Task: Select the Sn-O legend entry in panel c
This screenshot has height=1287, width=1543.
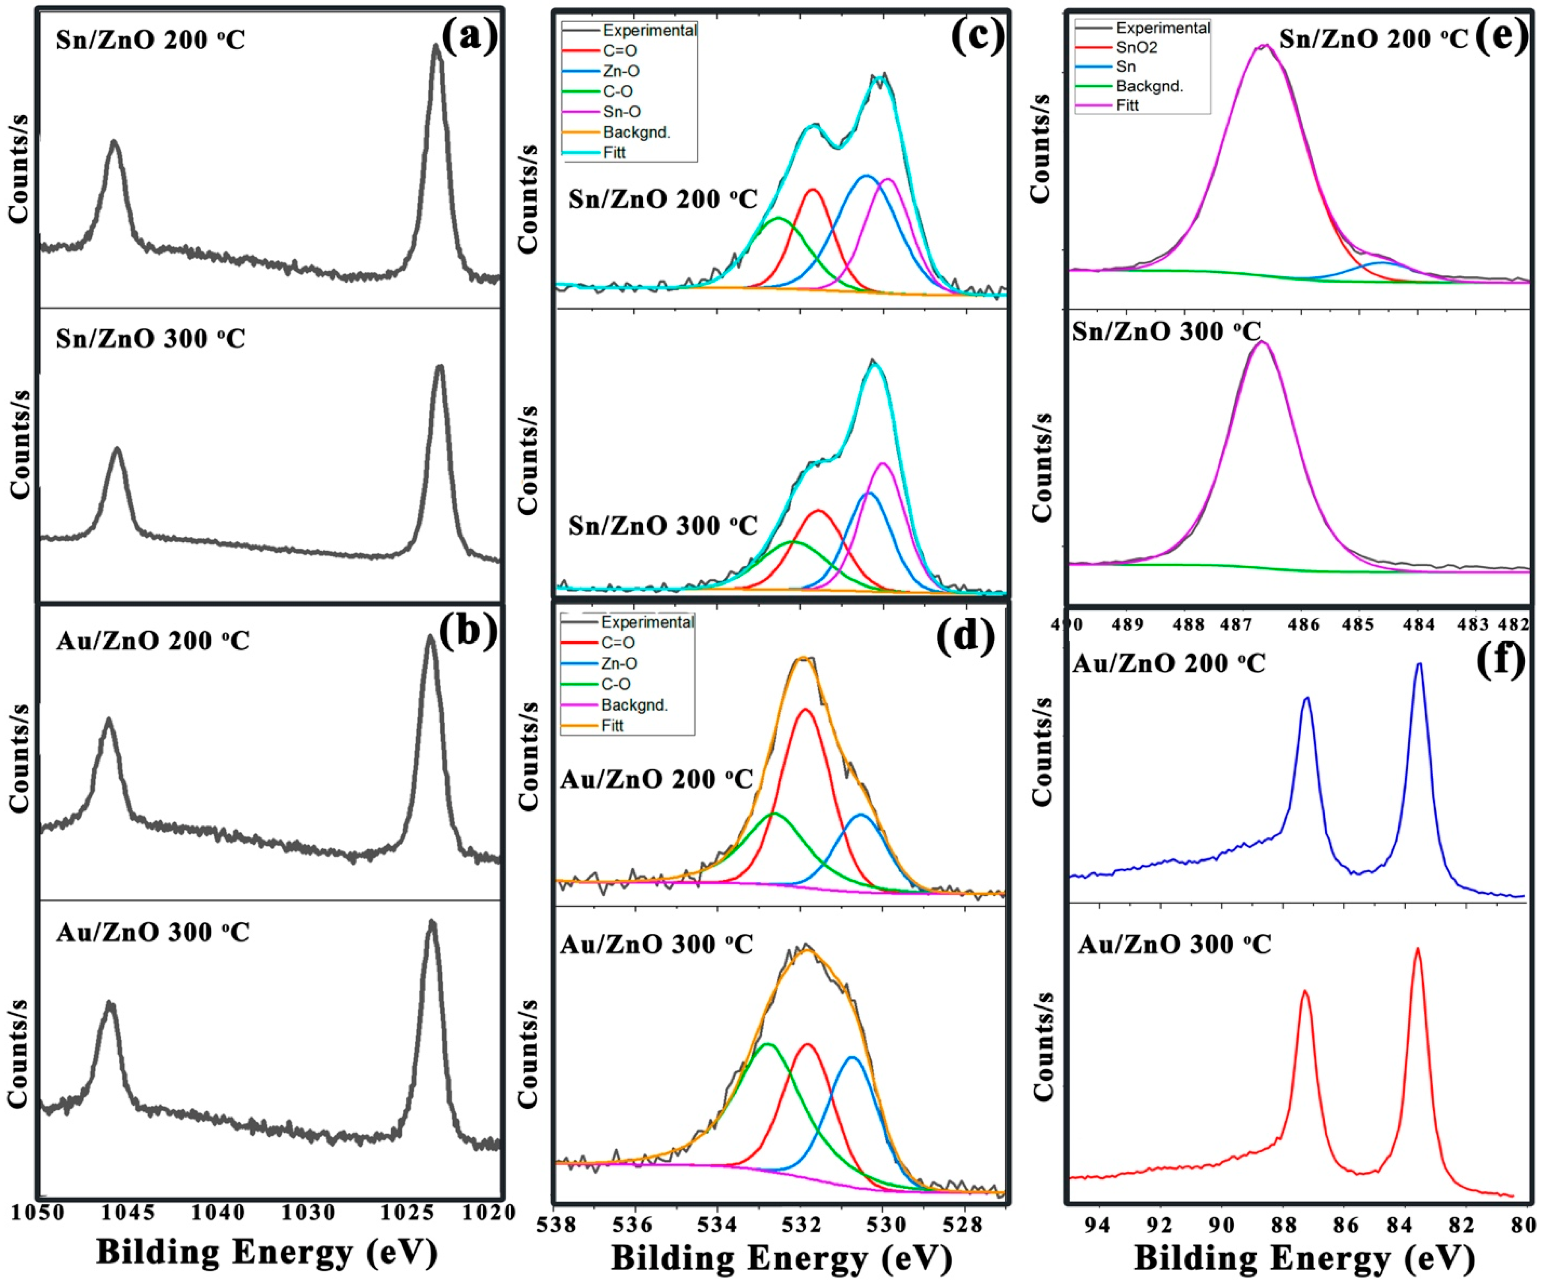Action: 621,112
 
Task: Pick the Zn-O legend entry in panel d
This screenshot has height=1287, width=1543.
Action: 619,663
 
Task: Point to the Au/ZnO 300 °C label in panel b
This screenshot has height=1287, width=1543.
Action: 153,933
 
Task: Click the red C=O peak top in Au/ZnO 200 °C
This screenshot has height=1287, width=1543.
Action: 806,710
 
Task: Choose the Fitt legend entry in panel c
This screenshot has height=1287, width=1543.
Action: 614,153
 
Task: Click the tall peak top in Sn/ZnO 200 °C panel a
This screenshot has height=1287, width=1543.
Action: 437,46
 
